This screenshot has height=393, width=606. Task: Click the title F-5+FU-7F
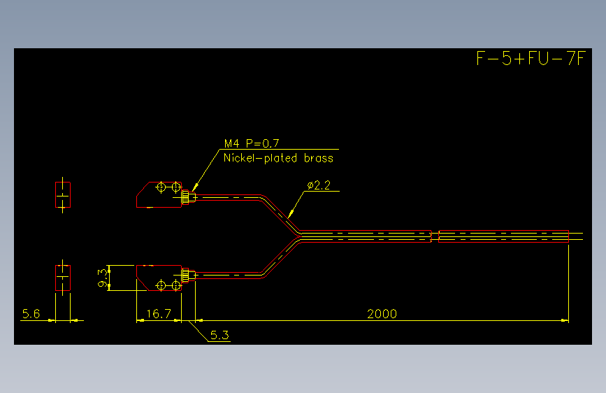(531, 59)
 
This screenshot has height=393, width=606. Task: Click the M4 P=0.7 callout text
(252, 143)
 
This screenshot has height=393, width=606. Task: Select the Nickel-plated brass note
(278, 158)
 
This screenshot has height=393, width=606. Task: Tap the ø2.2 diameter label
(319, 185)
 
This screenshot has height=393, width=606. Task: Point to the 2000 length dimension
(382, 314)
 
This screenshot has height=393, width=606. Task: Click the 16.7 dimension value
(159, 314)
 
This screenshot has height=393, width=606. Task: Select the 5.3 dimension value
(219, 335)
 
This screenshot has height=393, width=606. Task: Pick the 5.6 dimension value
(31, 314)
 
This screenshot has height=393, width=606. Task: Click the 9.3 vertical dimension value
(103, 278)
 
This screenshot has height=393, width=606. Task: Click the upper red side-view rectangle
(63, 194)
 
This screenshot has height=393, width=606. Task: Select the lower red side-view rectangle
(63, 278)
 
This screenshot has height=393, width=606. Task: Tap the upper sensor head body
(159, 194)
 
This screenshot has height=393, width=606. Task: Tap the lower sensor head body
(159, 278)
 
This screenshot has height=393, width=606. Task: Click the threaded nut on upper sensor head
(186, 197)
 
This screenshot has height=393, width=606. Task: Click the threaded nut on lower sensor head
(186, 276)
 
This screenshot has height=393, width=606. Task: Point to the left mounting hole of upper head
(161, 187)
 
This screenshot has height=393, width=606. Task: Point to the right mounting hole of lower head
(176, 285)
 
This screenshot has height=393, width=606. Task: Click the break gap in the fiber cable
(435, 236)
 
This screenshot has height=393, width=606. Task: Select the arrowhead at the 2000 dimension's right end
(565, 321)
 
